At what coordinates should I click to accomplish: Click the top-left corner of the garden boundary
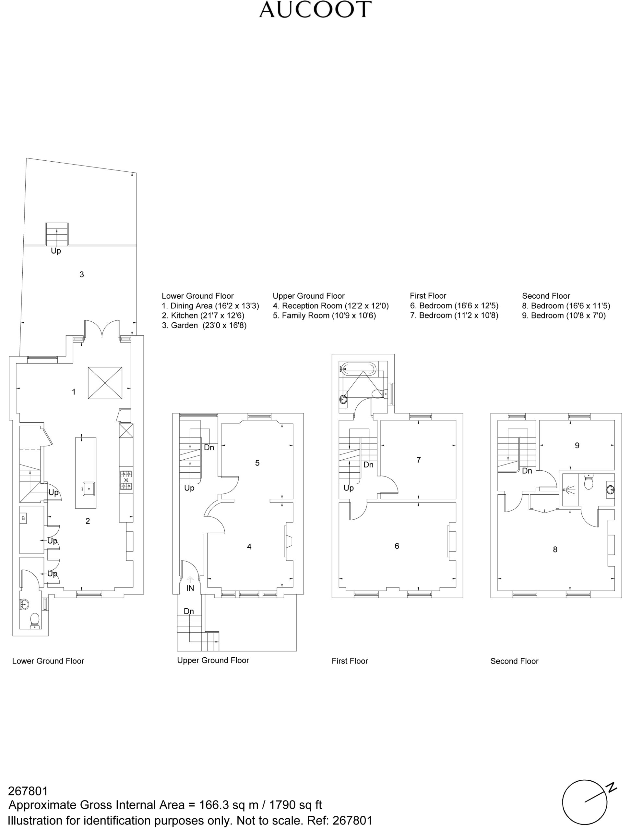point(26,158)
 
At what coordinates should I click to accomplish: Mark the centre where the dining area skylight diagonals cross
point(105,383)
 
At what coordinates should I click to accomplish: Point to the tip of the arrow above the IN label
point(190,576)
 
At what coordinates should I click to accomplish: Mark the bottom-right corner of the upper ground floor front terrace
point(296,651)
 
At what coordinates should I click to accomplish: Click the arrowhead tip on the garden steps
point(57,228)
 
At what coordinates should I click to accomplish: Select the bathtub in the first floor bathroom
point(357,368)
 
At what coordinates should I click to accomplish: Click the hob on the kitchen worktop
point(126,480)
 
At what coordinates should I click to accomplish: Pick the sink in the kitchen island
point(89,489)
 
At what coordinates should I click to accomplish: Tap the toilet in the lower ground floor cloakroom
point(35,621)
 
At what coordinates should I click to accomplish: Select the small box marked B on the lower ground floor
point(23,518)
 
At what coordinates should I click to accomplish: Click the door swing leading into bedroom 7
point(389,485)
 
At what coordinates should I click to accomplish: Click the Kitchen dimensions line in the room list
point(203,316)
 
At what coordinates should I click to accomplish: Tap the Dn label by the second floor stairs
point(527,471)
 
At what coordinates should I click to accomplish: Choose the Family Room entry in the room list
point(325,316)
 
